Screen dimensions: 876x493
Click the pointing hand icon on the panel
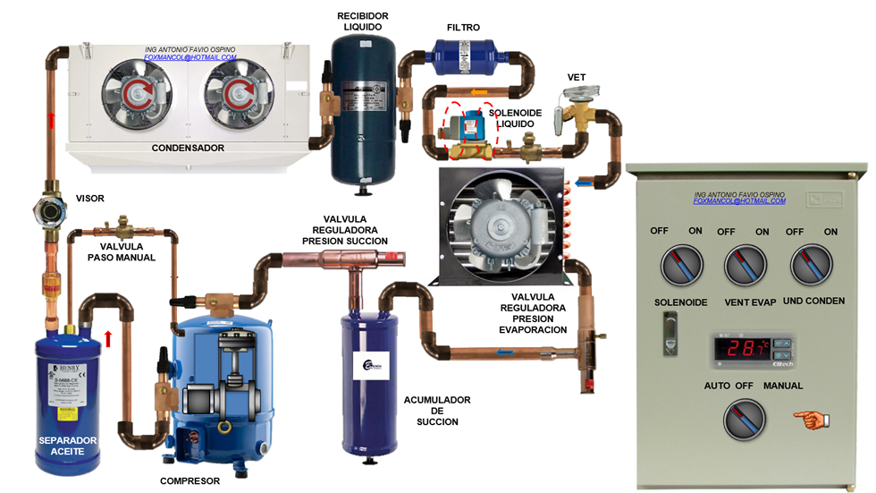pos(812,419)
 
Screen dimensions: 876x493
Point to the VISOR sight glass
pos(46,213)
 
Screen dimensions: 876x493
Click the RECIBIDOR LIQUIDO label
pos(361,21)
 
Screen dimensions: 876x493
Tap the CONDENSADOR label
pos(188,148)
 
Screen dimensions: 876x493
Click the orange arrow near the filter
pos(479,92)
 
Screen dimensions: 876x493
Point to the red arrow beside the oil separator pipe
pos(108,338)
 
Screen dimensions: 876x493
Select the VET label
pos(577,78)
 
